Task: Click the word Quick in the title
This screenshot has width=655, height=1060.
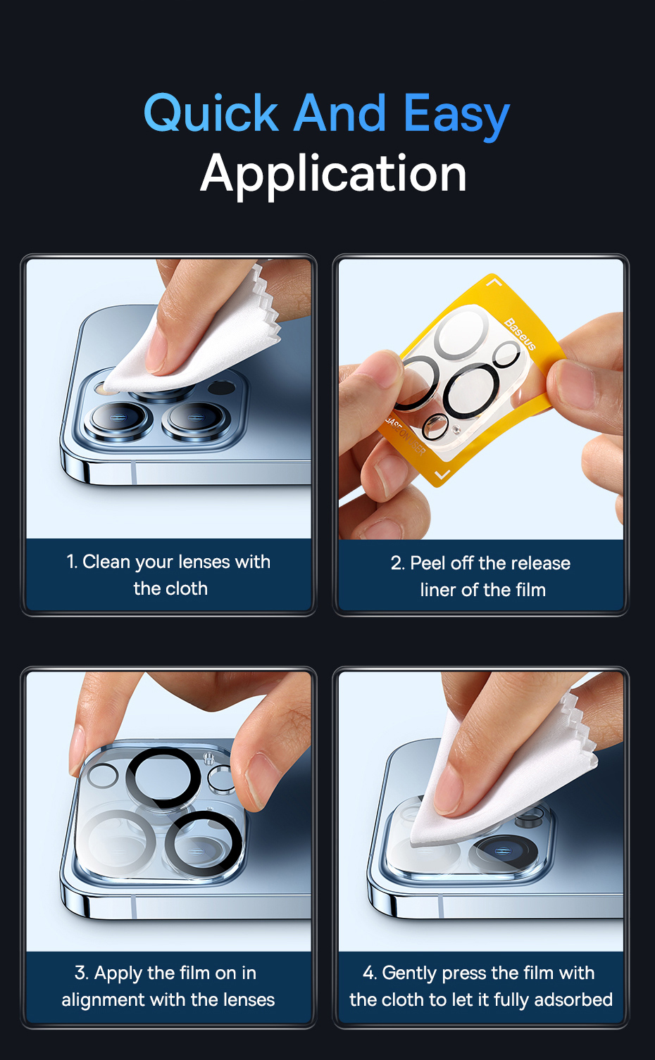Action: tap(211, 113)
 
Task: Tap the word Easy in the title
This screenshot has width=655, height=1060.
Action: tap(456, 116)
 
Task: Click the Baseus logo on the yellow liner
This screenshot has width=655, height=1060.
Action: tap(520, 334)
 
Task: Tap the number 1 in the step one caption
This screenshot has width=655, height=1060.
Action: tap(71, 562)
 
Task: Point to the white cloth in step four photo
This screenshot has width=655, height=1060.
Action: tap(502, 776)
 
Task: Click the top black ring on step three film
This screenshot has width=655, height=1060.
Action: tap(164, 778)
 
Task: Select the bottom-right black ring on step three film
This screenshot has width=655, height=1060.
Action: tap(203, 843)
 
